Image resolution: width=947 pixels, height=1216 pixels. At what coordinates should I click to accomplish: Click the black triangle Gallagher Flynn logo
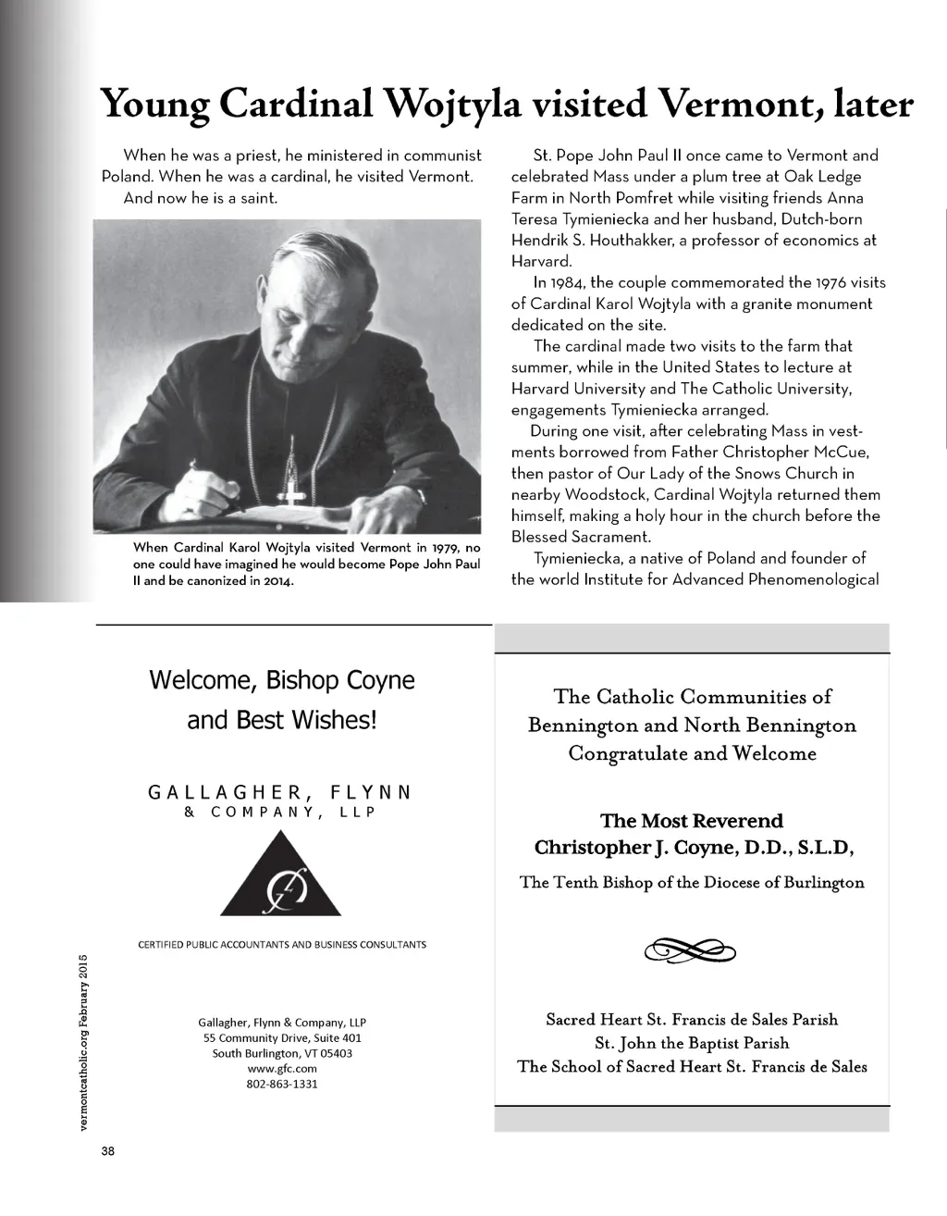point(281,875)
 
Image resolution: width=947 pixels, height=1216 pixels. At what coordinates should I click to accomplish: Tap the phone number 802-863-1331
point(282,1084)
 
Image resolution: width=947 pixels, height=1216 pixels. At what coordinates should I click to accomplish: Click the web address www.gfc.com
point(282,1068)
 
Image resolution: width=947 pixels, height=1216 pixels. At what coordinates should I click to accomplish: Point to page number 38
point(108,1151)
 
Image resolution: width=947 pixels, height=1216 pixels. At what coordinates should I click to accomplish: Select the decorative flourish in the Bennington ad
point(691,949)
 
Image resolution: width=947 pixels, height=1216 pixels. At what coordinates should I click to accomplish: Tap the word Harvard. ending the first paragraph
point(542,261)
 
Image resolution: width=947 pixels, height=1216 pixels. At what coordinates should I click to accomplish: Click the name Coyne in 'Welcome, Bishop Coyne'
point(380,680)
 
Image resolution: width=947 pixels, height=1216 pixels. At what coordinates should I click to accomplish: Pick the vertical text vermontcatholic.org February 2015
point(83,1041)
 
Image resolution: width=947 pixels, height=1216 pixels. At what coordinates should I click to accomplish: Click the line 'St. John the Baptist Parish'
point(692,1043)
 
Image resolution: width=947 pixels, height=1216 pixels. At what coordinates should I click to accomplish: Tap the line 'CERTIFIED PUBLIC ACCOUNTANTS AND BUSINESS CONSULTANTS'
point(282,945)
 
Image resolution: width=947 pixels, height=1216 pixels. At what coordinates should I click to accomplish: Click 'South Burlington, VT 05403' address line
point(282,1053)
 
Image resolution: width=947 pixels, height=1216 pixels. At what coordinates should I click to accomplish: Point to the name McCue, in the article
point(837,452)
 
